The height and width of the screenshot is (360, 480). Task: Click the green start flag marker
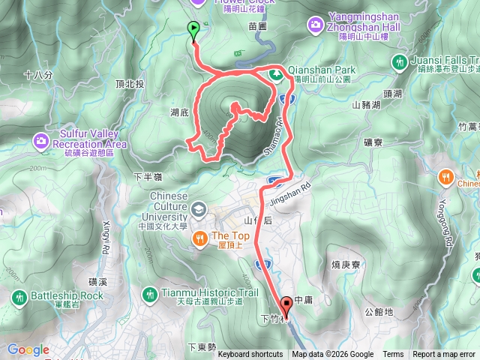click(193, 31)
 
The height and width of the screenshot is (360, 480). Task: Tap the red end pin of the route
click(286, 304)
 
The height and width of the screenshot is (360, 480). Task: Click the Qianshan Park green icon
click(276, 74)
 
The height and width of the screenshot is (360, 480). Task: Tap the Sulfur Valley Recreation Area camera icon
click(40, 139)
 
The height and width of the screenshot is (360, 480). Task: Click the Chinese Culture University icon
click(198, 208)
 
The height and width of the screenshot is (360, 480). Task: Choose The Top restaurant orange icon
click(199, 238)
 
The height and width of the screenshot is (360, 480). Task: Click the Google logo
click(28, 349)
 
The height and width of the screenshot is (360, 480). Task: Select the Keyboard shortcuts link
click(250, 355)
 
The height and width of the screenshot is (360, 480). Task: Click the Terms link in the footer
click(393, 355)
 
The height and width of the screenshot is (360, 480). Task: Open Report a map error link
click(445, 355)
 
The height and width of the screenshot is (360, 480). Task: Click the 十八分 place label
click(38, 75)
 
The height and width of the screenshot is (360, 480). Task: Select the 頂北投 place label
click(130, 84)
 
